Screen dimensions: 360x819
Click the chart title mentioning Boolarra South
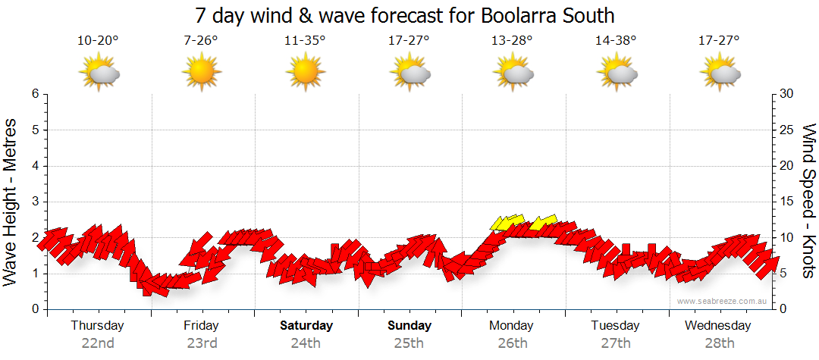coord(405,15)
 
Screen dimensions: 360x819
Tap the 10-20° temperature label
coord(98,41)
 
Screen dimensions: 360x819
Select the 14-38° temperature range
coord(616,41)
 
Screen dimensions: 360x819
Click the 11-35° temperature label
coord(305,41)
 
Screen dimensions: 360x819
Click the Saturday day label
coord(306,326)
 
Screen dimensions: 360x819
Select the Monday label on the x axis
coord(512,326)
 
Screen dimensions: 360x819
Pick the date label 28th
coord(718,343)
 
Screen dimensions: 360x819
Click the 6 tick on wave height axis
coord(34,94)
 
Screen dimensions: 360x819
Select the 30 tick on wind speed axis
coord(786,94)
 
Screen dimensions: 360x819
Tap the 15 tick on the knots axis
coord(786,202)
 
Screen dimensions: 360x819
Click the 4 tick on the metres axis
coord(34,166)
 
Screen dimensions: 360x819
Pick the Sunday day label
coord(409,326)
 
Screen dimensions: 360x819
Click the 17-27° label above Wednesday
coord(719,41)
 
